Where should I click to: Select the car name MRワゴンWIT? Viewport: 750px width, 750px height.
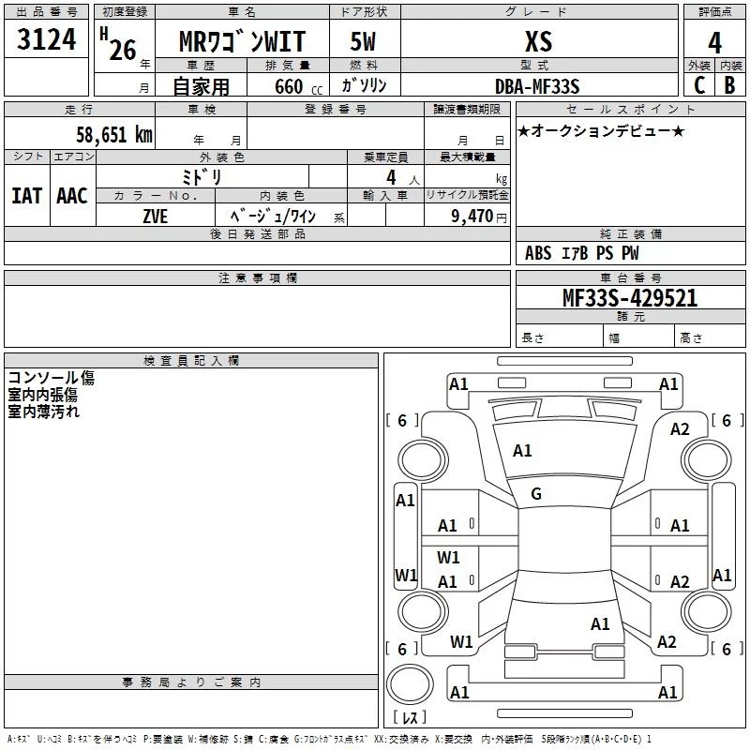coord(242,43)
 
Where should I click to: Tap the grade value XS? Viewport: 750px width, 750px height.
coord(539,42)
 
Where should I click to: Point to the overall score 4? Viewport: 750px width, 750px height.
coord(715,43)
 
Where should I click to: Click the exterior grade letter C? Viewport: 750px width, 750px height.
coord(699,85)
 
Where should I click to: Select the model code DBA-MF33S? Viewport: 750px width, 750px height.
coord(538,86)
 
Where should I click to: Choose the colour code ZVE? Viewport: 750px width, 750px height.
coord(156,216)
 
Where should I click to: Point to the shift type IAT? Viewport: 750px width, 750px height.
coord(26,196)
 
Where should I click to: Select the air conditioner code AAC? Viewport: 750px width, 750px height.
coord(72,196)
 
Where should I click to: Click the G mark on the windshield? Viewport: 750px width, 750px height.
coord(536,494)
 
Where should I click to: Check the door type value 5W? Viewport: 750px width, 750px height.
coord(364,43)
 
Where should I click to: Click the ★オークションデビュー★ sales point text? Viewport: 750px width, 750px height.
coord(601,131)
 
